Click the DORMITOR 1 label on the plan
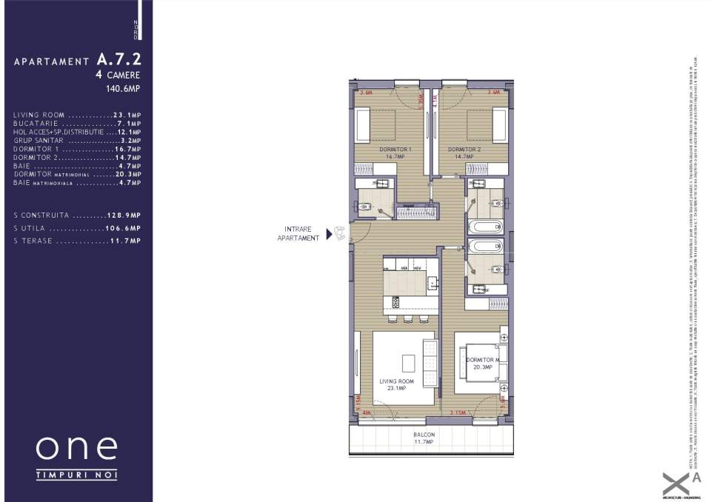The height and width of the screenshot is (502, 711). tap(395, 153)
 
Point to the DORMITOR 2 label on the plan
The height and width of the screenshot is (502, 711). tap(464, 153)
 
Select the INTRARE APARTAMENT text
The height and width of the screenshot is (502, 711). tap(298, 234)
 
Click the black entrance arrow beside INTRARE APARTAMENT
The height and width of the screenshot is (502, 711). tap(329, 234)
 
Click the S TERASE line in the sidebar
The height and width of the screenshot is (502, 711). tap(77, 241)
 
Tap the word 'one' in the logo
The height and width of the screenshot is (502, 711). tap(76, 448)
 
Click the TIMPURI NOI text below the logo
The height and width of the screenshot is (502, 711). tap(76, 474)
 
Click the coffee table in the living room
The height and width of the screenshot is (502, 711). tap(408, 363)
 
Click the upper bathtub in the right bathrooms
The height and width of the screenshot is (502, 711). tap(486, 227)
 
